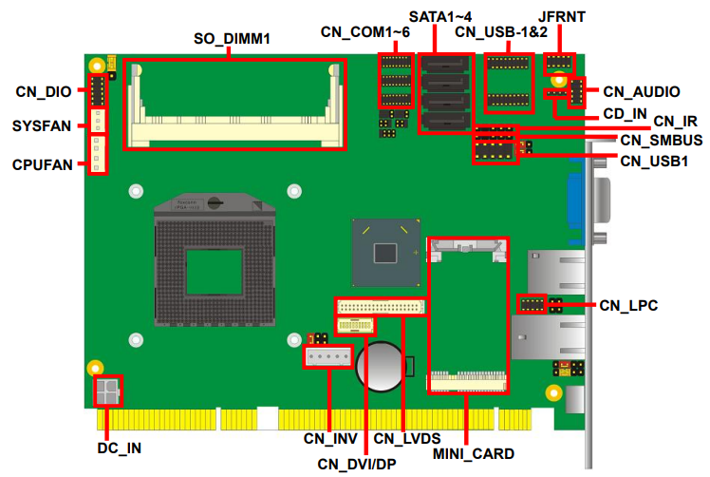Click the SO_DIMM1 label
tap(232, 38)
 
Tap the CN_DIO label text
tap(44, 92)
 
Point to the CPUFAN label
tap(43, 164)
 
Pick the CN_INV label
tap(329, 439)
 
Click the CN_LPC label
tap(628, 305)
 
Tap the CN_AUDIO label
tap(642, 92)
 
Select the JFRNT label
tap(561, 16)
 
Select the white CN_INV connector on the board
tap(327, 358)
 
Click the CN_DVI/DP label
tap(357, 463)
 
